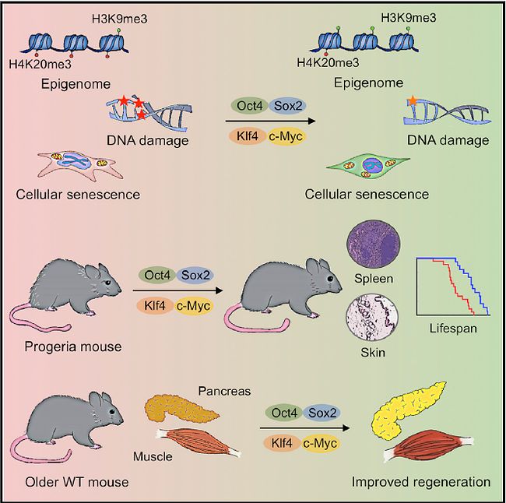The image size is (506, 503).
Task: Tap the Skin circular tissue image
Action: point(369,318)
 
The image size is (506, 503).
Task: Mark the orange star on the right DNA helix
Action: point(411,100)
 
